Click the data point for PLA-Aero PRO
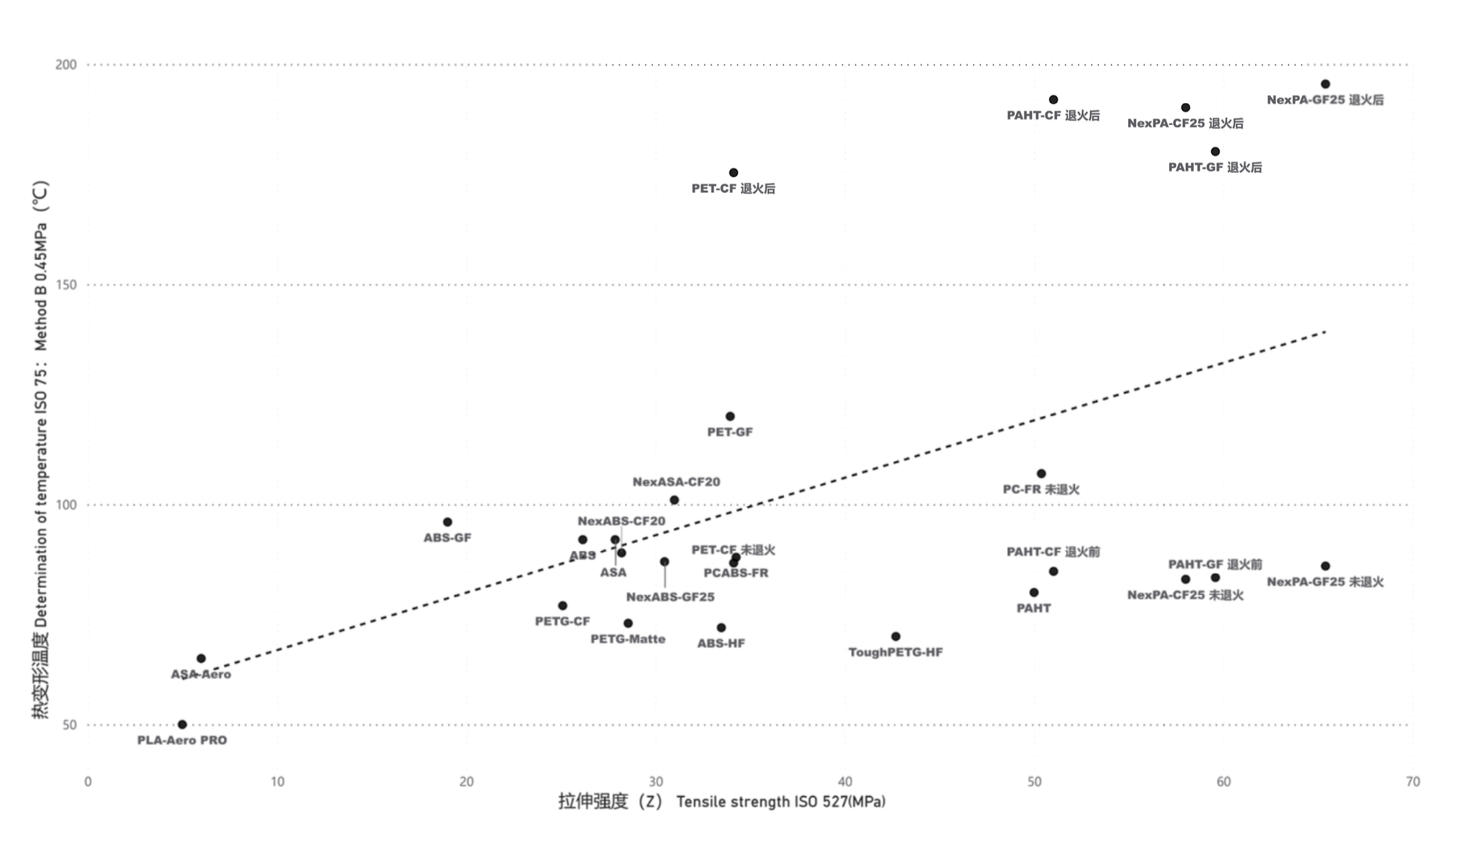[x=182, y=725]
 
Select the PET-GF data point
[x=730, y=417]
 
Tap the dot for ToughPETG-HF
[x=896, y=637]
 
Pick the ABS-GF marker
[x=447, y=522]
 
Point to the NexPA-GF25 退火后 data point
[x=1325, y=85]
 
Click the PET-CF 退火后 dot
[x=733, y=173]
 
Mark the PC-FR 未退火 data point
[x=1041, y=474]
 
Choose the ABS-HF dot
[x=721, y=628]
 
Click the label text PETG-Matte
[x=628, y=639]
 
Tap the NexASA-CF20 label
[x=676, y=482]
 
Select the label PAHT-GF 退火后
[x=1215, y=167]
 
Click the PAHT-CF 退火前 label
[x=1053, y=552]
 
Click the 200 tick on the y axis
[x=66, y=65]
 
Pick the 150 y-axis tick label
[x=66, y=285]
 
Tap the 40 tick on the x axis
[x=845, y=782]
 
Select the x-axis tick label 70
[x=1413, y=782]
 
